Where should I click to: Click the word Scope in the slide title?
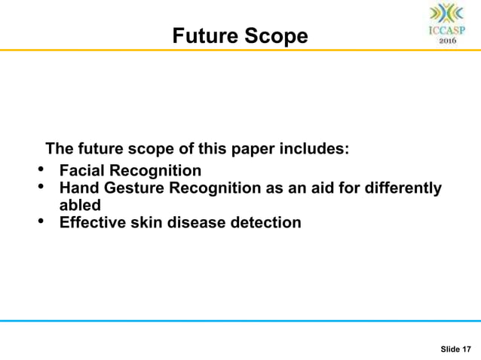(x=277, y=35)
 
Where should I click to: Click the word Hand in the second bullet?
(x=78, y=188)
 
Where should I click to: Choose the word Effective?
(x=93, y=222)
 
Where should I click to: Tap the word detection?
(x=266, y=222)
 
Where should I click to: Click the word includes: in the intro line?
(x=314, y=148)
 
